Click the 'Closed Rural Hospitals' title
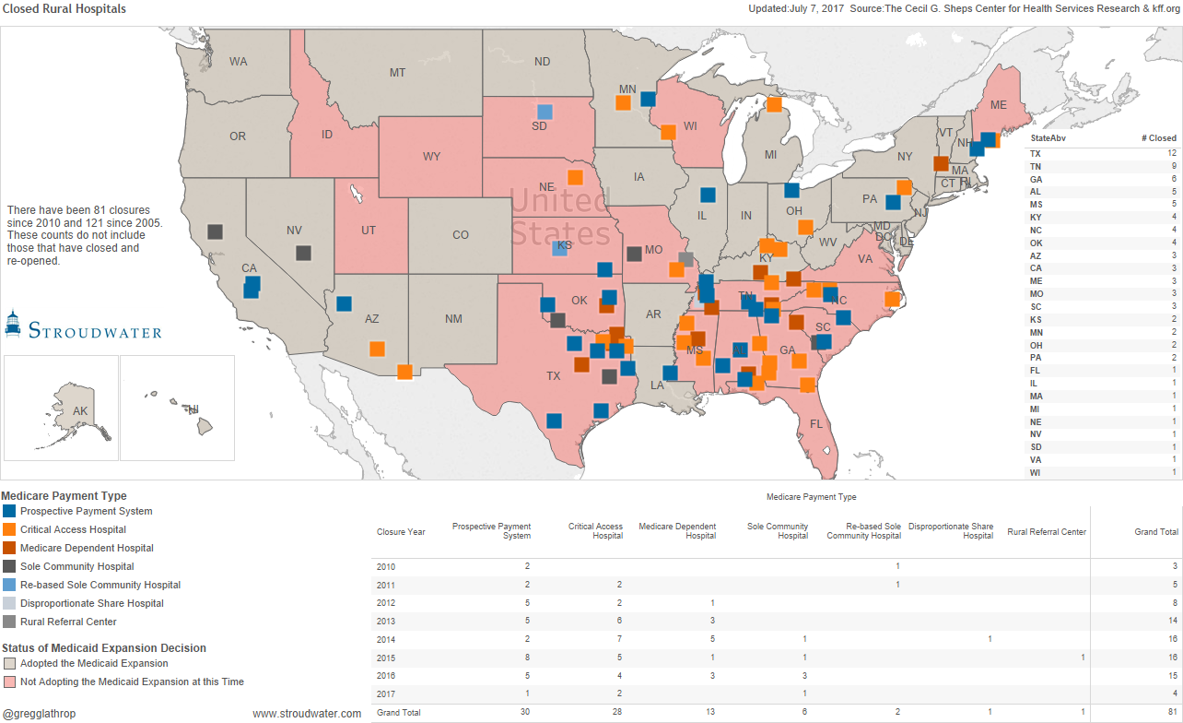click(x=64, y=9)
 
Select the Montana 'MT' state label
click(x=397, y=73)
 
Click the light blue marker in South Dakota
click(x=545, y=112)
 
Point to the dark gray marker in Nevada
click(x=303, y=253)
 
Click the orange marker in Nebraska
click(x=575, y=177)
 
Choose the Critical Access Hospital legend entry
click(x=73, y=529)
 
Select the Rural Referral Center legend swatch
click(x=9, y=622)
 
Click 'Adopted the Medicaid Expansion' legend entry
click(x=94, y=663)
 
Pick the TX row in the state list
click(x=1036, y=153)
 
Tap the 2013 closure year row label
click(x=387, y=621)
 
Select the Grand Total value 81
click(x=1172, y=713)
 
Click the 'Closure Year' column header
click(x=401, y=532)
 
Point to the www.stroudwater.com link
click(x=307, y=713)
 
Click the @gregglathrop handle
click(x=39, y=713)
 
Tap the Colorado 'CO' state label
click(x=461, y=235)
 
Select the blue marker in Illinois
click(x=708, y=195)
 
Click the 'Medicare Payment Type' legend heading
click(x=64, y=495)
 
